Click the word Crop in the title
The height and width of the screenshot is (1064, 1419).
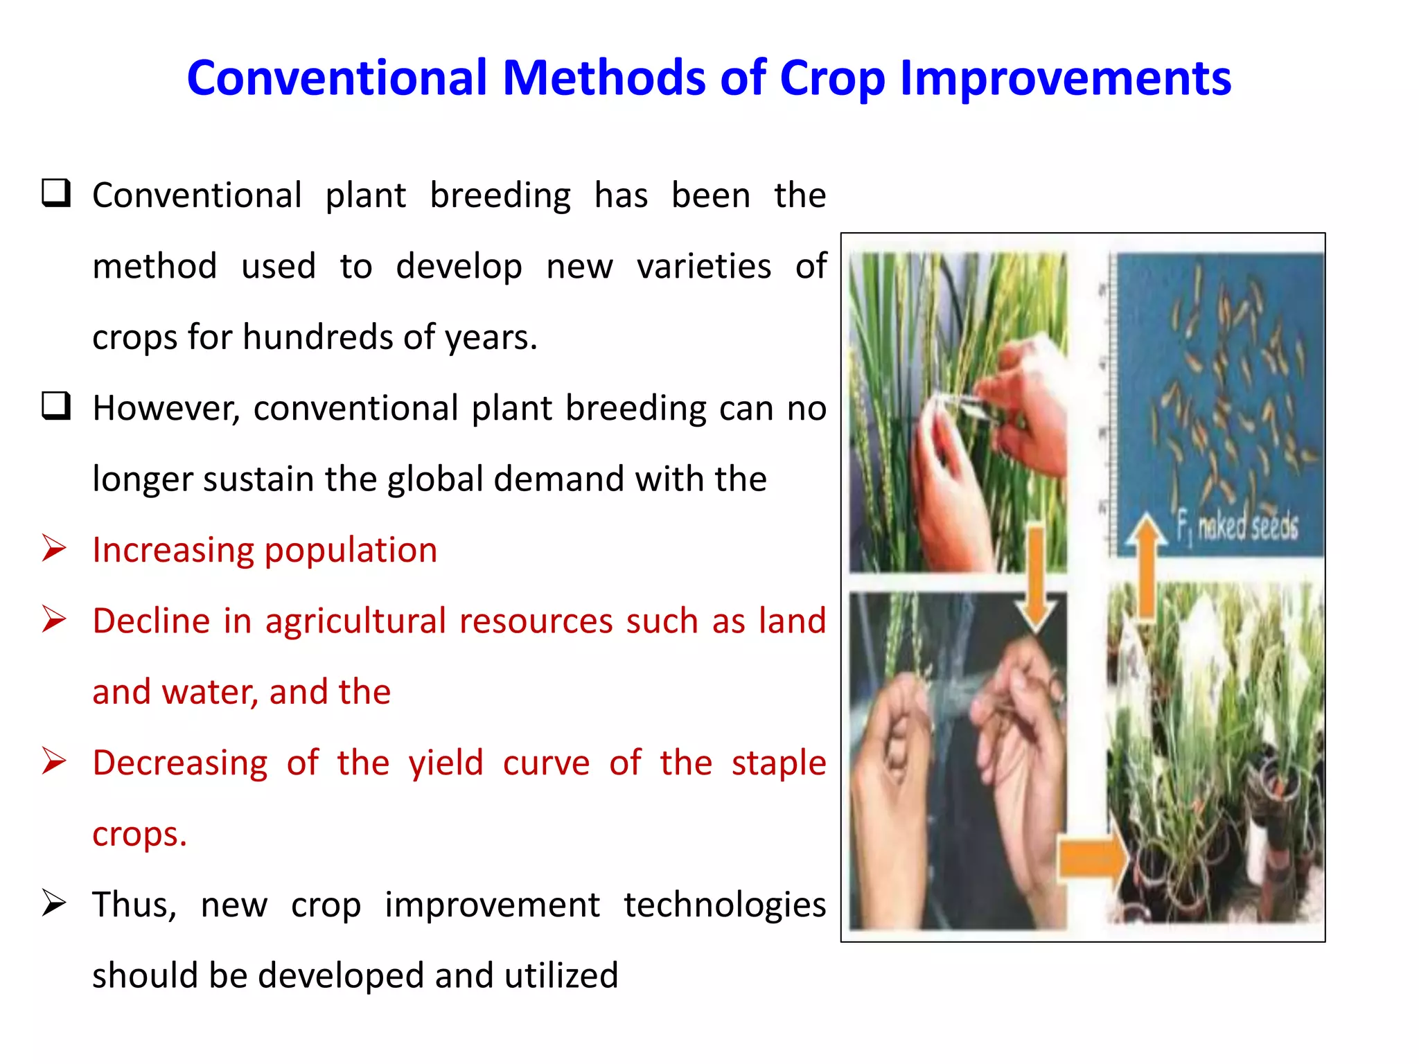tap(831, 78)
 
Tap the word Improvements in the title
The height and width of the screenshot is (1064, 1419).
tap(1065, 78)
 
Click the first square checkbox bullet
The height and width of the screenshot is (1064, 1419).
tap(55, 193)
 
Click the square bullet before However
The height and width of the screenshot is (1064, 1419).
tap(55, 406)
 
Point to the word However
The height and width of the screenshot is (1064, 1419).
tap(166, 407)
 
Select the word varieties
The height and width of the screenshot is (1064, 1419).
tap(703, 267)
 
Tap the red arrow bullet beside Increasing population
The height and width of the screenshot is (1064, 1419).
tap(54, 549)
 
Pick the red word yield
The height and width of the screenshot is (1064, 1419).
tap(446, 763)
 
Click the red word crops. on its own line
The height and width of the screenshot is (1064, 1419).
tap(139, 834)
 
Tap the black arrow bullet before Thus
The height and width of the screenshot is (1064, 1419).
tap(54, 903)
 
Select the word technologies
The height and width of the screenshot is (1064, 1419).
tap(724, 905)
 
